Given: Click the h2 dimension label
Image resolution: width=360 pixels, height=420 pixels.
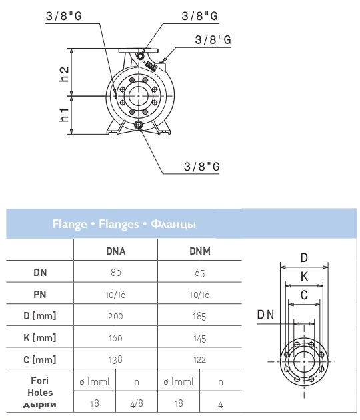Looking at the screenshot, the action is pos(64,74).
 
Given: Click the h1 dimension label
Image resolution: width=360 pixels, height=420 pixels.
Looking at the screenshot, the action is pos(64,115).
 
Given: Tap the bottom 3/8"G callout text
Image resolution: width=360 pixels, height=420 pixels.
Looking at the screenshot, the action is pos(202,167).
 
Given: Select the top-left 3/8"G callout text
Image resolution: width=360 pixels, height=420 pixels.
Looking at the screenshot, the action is pos(64,16).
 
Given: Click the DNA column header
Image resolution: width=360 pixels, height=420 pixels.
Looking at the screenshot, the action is pos(116,251).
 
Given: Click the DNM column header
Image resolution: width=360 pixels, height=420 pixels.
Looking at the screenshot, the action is pos(200,251).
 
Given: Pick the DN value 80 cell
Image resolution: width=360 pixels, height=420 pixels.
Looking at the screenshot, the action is pos(116,273).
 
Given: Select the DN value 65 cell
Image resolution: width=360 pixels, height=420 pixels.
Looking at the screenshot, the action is pos(200,273).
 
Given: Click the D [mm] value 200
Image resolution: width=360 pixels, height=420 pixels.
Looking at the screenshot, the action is pos(115,317).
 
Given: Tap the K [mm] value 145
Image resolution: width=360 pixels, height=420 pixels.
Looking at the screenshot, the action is pos(200,339).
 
